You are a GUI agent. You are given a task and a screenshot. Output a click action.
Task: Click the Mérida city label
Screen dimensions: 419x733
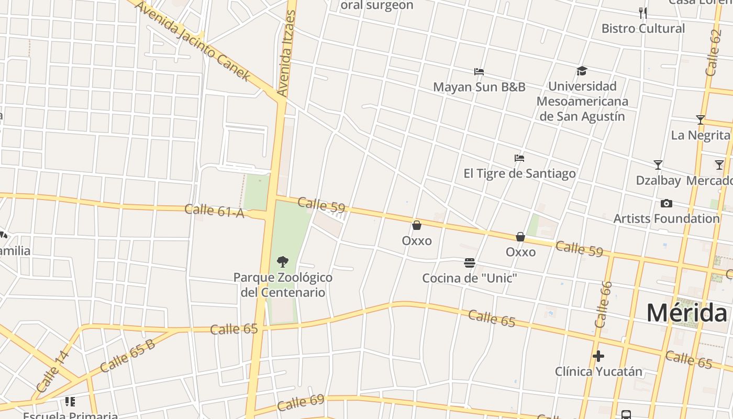(x=686, y=313)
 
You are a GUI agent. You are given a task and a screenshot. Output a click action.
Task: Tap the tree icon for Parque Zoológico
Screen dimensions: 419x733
(x=283, y=261)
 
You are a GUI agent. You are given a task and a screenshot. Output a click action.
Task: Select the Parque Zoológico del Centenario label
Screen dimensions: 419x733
(x=283, y=285)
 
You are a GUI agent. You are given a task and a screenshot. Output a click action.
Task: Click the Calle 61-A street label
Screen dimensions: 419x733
(x=215, y=211)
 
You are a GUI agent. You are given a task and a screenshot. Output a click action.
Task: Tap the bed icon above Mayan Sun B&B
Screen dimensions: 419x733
(x=479, y=72)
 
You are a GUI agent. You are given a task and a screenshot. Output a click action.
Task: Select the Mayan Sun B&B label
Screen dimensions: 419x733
(x=479, y=87)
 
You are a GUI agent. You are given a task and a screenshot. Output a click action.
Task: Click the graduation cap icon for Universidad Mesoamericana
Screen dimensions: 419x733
(x=582, y=71)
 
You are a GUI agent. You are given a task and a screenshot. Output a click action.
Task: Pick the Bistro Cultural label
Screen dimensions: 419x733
(x=643, y=28)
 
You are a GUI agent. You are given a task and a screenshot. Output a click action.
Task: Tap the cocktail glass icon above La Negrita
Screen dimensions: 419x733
(x=700, y=120)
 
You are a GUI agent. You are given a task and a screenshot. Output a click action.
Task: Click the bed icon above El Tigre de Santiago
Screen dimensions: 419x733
(x=519, y=158)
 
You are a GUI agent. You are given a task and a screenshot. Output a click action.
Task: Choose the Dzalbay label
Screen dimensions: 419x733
(x=658, y=180)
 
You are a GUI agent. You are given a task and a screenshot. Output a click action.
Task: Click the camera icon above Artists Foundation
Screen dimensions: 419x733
(x=667, y=203)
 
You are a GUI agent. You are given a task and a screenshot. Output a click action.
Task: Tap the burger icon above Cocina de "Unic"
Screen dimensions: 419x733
(x=470, y=262)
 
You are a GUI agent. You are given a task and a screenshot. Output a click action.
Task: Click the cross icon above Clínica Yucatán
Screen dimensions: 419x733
(x=598, y=357)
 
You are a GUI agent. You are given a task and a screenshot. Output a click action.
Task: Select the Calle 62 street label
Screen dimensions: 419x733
(x=713, y=52)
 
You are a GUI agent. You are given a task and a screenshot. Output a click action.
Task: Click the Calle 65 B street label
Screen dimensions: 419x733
(x=127, y=357)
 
